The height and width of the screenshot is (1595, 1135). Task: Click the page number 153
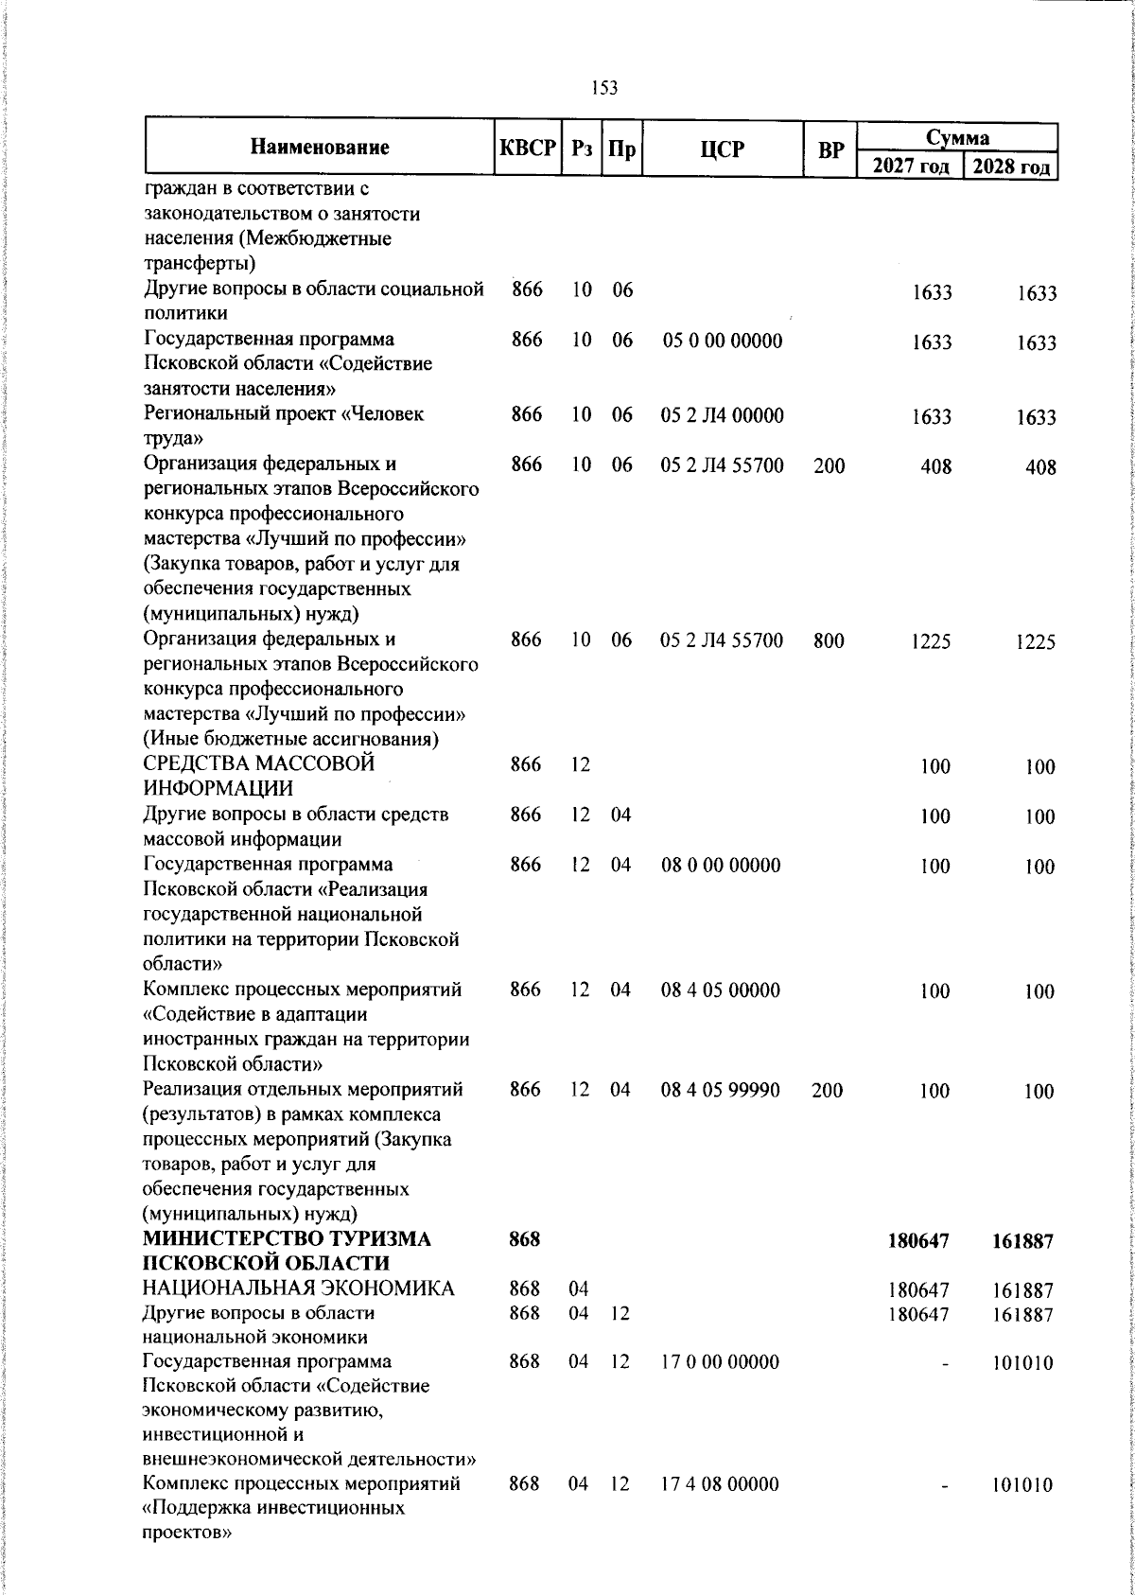(x=604, y=88)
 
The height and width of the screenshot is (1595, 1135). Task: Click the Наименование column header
(x=320, y=148)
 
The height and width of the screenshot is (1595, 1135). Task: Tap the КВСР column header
(x=527, y=149)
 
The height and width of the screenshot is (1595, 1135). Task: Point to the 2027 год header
(x=910, y=167)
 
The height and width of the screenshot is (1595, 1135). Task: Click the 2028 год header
(x=1010, y=167)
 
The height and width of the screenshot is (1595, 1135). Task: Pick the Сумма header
(x=957, y=138)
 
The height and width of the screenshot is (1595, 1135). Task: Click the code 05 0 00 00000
(x=722, y=341)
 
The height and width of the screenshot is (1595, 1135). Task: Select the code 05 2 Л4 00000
(x=722, y=415)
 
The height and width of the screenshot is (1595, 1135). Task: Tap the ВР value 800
(x=829, y=640)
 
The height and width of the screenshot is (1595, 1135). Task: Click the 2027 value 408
(x=936, y=466)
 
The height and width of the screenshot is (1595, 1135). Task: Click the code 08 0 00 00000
(x=721, y=865)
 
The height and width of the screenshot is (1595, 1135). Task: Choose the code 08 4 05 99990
(x=721, y=1090)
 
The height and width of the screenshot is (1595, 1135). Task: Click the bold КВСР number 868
(x=524, y=1240)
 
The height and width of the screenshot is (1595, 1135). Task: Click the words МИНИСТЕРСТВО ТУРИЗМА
(x=286, y=1240)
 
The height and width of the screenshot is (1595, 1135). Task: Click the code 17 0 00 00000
(x=720, y=1361)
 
